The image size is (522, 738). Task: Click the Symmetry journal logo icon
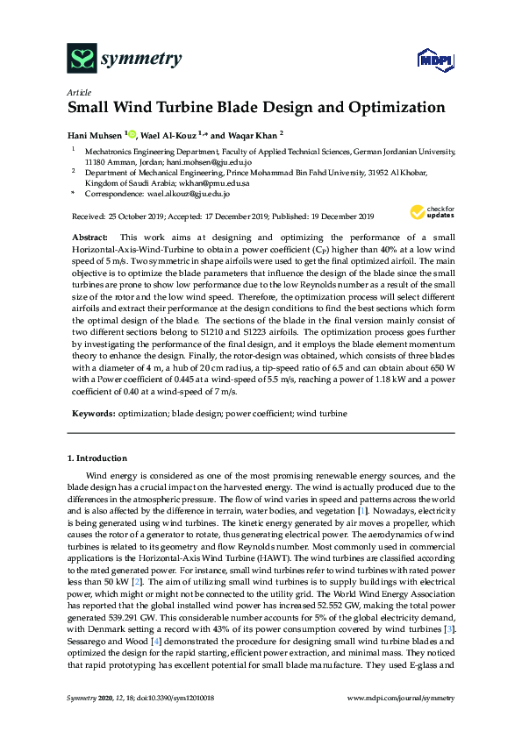tap(82, 60)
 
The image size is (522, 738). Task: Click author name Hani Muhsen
tap(94, 135)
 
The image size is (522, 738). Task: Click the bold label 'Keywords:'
tap(90, 412)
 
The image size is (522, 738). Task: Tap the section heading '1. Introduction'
tap(97, 458)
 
